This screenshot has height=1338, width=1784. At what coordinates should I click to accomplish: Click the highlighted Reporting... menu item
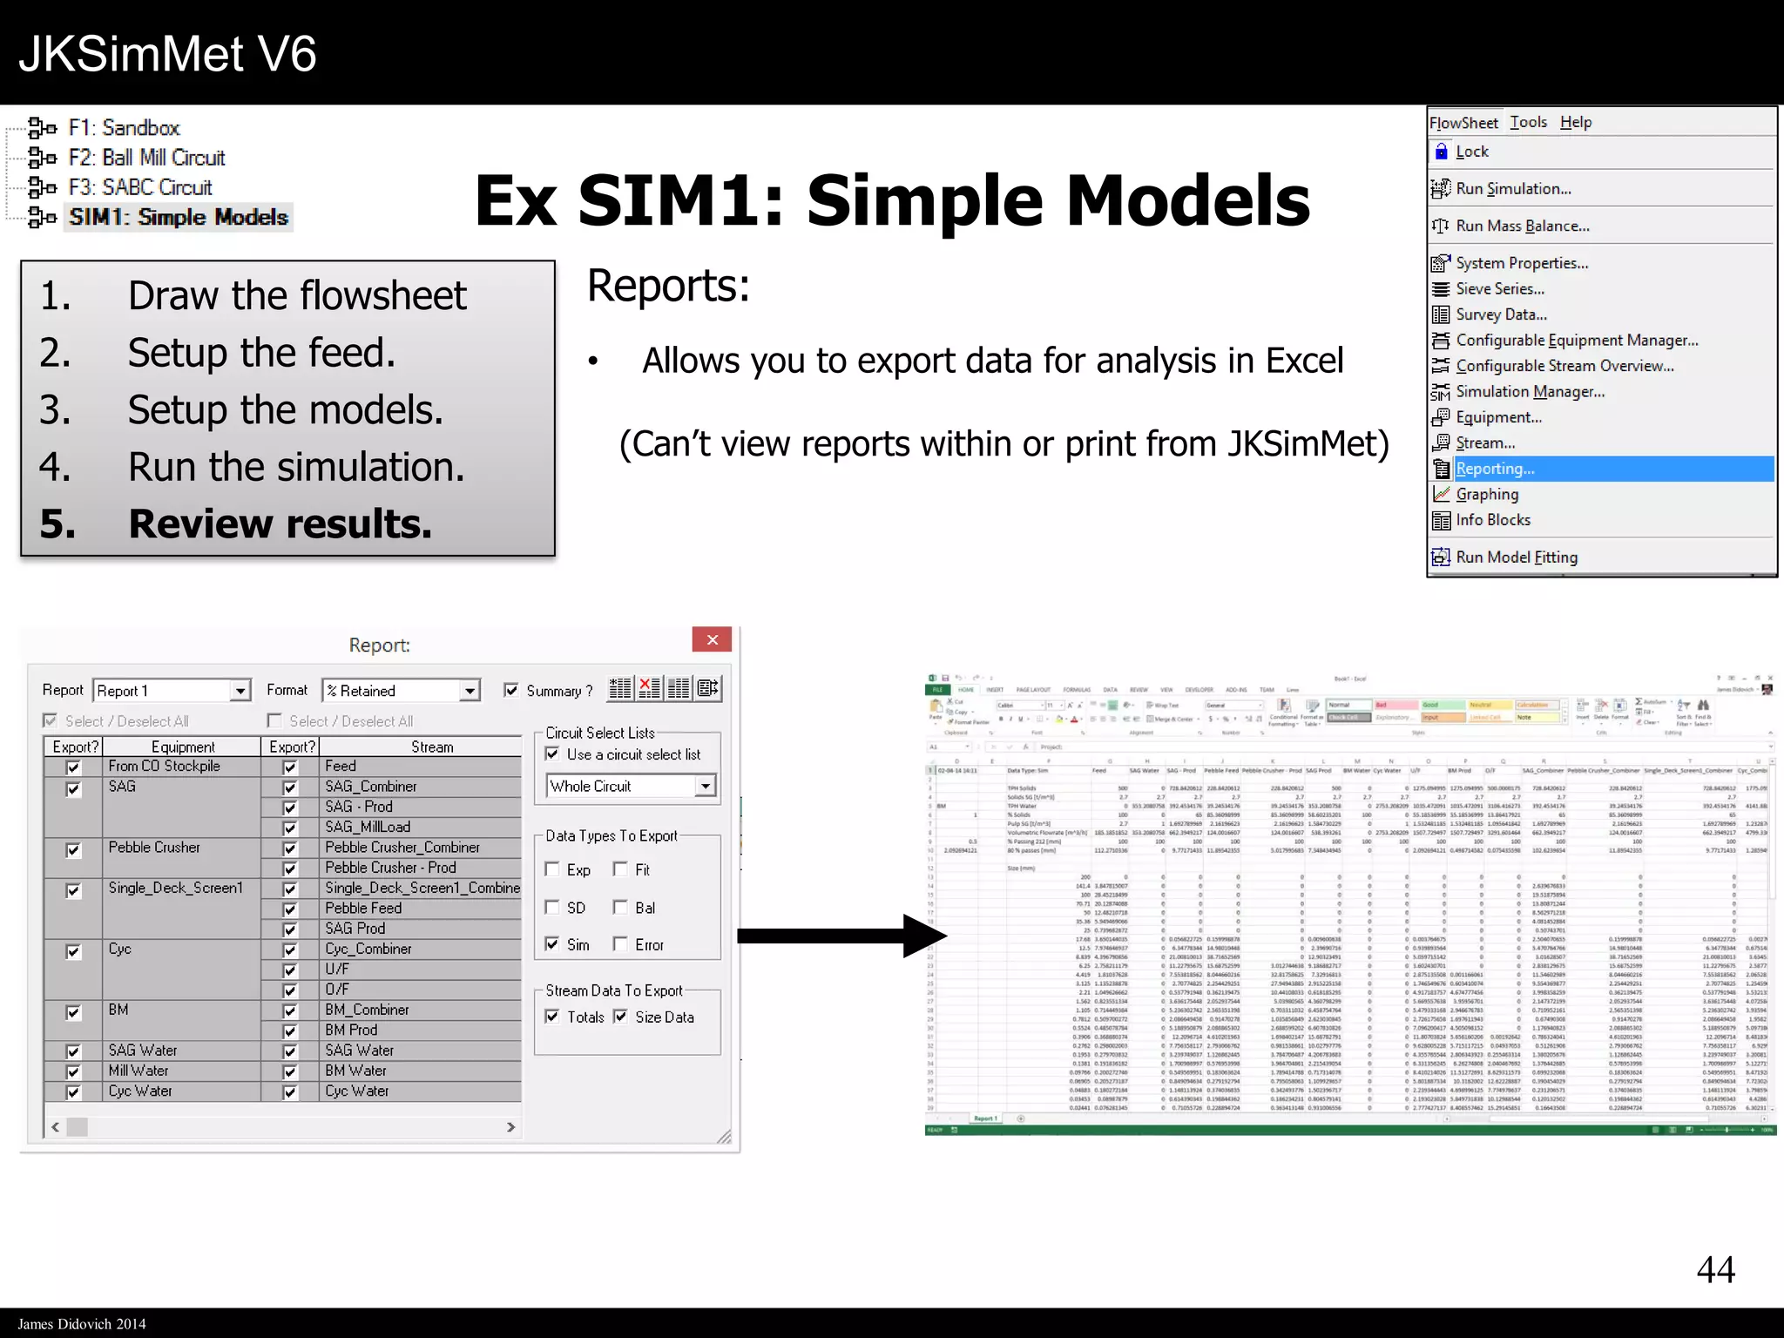(x=1495, y=469)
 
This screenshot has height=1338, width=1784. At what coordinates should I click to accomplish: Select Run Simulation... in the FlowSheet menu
(x=1513, y=189)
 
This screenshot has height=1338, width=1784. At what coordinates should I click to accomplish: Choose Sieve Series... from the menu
(x=1500, y=289)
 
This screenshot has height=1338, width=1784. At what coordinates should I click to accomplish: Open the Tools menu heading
(x=1528, y=123)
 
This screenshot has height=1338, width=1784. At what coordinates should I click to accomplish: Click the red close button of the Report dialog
(x=712, y=640)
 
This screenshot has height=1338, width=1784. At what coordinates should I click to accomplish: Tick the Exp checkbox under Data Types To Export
(x=552, y=869)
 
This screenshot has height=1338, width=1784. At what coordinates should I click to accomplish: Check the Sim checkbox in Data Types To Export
(x=552, y=944)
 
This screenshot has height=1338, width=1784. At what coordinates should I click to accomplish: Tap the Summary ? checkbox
(x=511, y=691)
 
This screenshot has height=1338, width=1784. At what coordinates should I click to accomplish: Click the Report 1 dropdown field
(x=162, y=691)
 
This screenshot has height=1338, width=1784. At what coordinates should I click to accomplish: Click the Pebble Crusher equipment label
(x=154, y=848)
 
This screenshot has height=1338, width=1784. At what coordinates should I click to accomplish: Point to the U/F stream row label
(x=337, y=970)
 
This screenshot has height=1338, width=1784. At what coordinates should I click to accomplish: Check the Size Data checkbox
(x=620, y=1017)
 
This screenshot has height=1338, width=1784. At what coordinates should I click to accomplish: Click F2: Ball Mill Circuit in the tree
(x=146, y=158)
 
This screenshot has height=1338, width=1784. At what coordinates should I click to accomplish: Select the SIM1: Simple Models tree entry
(x=179, y=217)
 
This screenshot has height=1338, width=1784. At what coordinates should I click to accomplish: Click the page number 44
(x=1715, y=1270)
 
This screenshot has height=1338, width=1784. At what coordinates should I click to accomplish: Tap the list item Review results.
(x=280, y=524)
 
